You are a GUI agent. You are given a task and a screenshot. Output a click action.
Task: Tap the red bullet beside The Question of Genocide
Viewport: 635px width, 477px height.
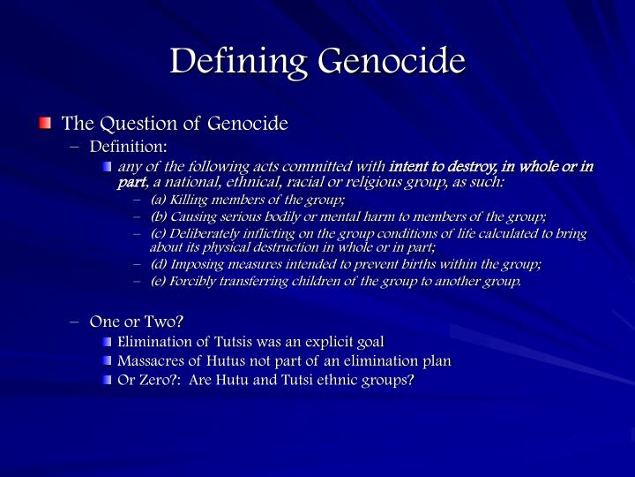pos(45,123)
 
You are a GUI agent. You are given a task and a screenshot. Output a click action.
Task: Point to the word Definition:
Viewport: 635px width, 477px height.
pos(128,146)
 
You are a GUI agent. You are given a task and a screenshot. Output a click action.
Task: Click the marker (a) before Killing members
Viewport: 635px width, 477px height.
pos(159,201)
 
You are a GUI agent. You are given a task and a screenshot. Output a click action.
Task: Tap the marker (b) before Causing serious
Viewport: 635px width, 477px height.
pos(159,217)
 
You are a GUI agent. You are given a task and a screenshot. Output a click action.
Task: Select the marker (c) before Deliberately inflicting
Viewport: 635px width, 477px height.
pos(159,234)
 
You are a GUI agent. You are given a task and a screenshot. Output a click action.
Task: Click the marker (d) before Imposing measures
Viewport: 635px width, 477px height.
pos(159,264)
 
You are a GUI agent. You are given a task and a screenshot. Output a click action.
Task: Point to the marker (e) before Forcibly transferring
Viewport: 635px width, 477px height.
pos(159,282)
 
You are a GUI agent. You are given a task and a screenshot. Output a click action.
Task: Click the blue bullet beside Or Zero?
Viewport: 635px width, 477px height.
pos(108,380)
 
